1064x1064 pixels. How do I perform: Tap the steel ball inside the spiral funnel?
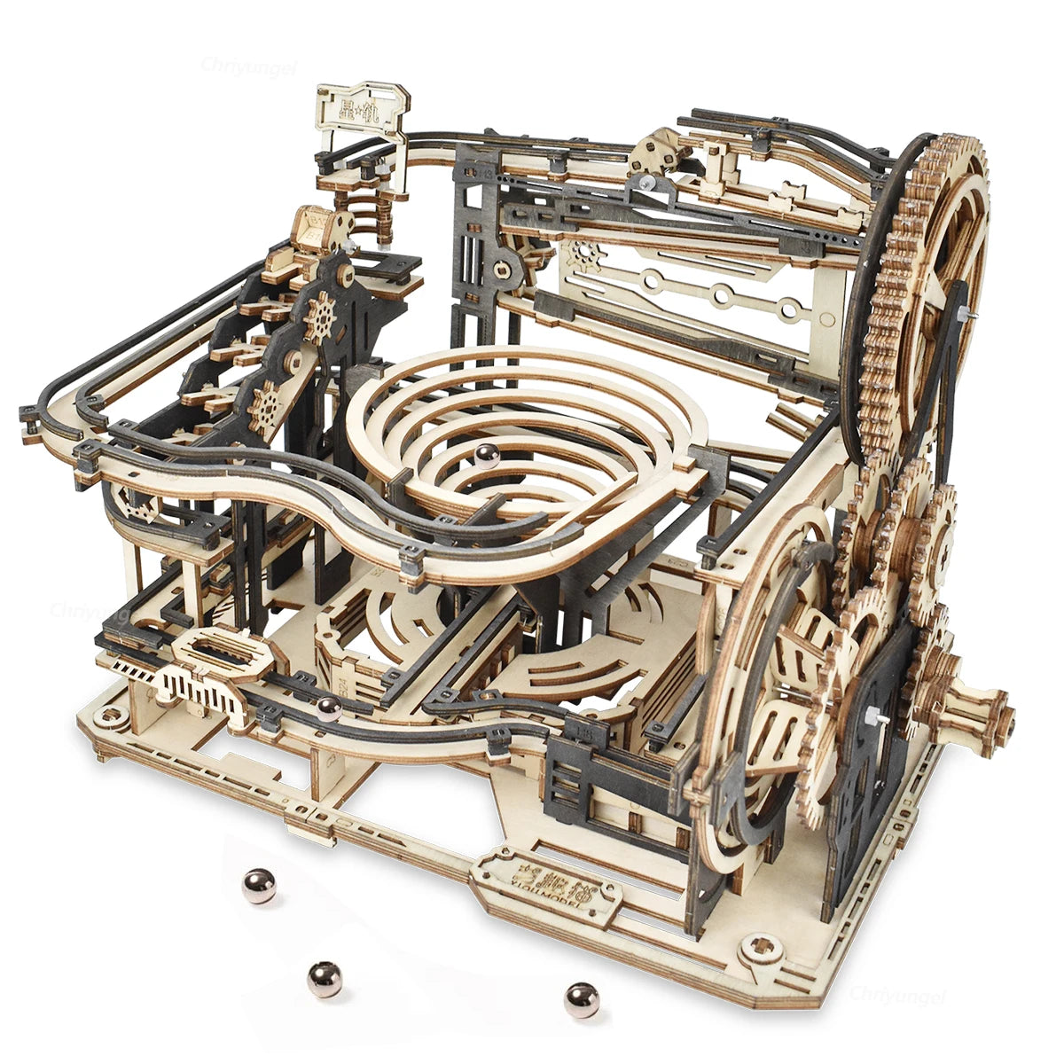pyautogui.click(x=486, y=454)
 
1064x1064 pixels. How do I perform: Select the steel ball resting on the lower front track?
pyautogui.click(x=329, y=708)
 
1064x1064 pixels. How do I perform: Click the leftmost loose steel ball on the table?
pyautogui.click(x=259, y=887)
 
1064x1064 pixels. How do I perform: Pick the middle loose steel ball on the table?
pyautogui.click(x=325, y=978)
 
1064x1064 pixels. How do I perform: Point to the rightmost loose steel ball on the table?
pyautogui.click(x=581, y=1000)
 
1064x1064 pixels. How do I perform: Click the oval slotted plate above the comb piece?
pyautogui.click(x=217, y=652)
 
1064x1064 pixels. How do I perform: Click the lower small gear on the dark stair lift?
pyautogui.click(x=265, y=408)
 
